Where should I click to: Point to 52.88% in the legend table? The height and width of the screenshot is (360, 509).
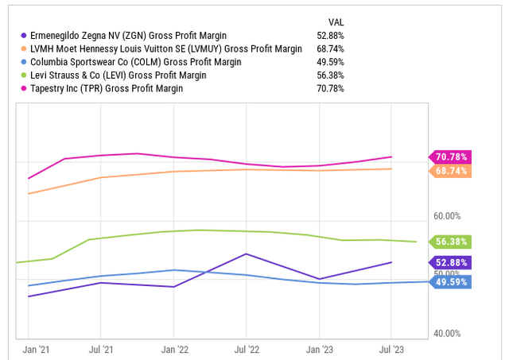(331, 35)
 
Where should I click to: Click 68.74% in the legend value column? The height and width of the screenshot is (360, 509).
(331, 48)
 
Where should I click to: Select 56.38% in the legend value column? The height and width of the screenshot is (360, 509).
(331, 75)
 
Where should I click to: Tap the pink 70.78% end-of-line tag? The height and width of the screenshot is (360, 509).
(451, 157)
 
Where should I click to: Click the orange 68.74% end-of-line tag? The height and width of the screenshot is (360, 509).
(451, 171)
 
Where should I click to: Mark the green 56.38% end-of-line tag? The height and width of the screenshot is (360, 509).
(451, 242)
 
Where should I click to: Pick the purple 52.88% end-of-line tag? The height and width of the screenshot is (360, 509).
(451, 261)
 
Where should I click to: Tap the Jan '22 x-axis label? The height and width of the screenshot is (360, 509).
(173, 349)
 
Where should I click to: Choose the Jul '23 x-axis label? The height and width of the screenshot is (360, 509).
(391, 349)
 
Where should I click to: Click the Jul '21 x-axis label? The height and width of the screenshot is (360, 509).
(101, 349)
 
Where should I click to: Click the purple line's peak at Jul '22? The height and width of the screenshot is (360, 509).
(247, 254)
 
